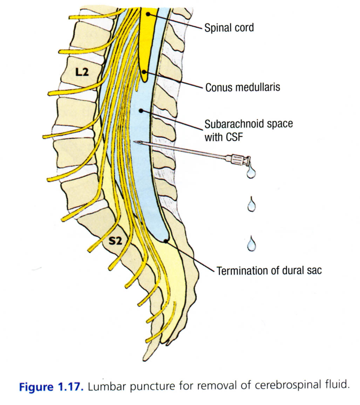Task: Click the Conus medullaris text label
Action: [x=243, y=87]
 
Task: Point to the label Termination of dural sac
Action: [x=269, y=271]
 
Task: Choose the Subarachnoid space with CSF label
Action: [x=249, y=130]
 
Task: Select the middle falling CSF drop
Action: [x=251, y=205]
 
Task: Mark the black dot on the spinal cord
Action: [x=149, y=14]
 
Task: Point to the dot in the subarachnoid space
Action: [x=141, y=111]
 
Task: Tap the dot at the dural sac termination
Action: [x=166, y=241]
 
